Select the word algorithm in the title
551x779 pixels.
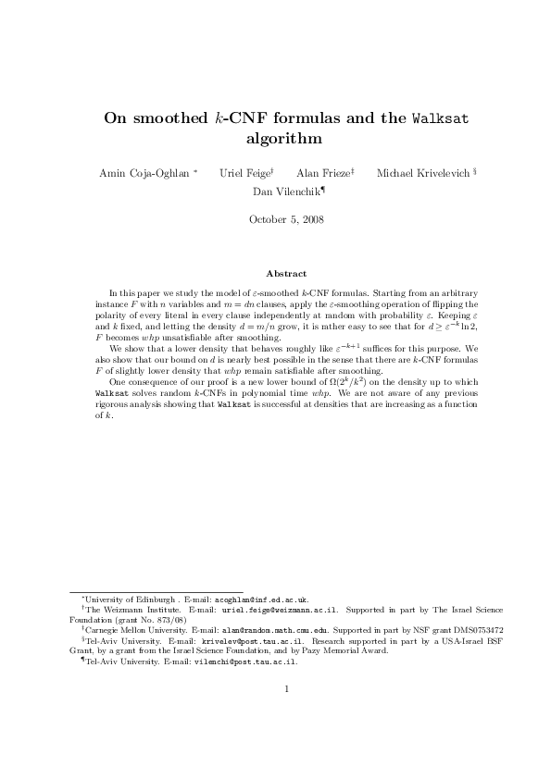coord(275,140)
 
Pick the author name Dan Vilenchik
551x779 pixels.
coord(286,192)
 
